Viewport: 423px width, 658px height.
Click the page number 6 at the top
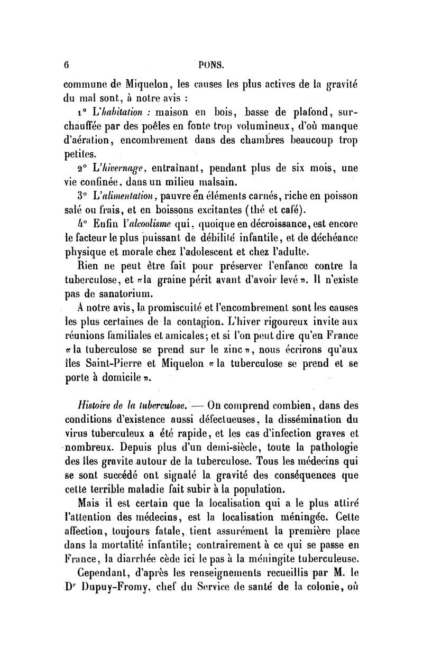pos(67,66)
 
